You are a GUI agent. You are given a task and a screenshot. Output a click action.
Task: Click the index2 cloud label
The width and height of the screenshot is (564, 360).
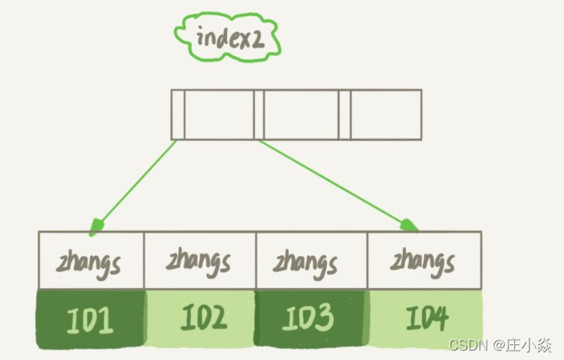point(227,37)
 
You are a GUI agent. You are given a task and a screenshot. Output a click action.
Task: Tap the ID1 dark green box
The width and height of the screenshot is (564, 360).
point(92,319)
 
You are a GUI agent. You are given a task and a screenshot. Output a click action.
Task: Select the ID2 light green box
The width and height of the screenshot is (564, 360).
point(201,319)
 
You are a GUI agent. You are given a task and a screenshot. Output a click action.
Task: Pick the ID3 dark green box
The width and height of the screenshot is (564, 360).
point(311,319)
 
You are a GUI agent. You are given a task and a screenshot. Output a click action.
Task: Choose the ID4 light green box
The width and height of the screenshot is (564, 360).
point(424,319)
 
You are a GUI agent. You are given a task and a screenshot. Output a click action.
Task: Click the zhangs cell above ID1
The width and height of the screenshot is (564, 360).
point(92,261)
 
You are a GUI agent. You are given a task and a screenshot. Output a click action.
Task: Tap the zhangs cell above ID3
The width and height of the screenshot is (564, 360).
point(311,261)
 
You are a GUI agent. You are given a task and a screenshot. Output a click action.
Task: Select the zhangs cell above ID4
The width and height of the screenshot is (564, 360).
point(424,261)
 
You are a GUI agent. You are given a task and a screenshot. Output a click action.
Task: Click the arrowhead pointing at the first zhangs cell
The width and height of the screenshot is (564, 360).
point(95,227)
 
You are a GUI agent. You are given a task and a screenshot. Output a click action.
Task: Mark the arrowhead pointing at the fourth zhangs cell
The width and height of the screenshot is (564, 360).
point(410,225)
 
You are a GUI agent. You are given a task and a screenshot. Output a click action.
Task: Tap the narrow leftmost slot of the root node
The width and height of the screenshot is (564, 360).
point(178,114)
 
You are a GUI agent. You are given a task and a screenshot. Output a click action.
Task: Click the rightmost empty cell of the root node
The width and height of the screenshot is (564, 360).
point(386,114)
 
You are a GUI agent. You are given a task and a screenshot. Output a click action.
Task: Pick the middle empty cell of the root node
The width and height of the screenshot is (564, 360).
point(301,114)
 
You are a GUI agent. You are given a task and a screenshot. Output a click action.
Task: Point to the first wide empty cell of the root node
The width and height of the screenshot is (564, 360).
point(219,114)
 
